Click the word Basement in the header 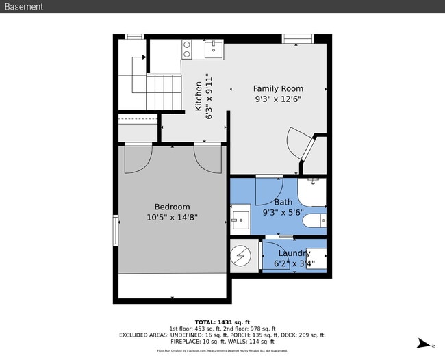click(x=24, y=7)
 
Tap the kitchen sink click(x=214, y=49)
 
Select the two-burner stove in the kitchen click(x=186, y=49)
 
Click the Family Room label click(x=278, y=88)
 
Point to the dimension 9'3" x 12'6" click(x=278, y=99)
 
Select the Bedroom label click(x=172, y=207)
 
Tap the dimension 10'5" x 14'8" click(x=172, y=218)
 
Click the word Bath click(x=283, y=202)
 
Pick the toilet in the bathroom click(x=314, y=221)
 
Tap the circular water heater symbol click(x=241, y=256)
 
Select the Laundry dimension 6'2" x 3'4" click(x=294, y=263)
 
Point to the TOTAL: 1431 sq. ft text click(x=222, y=322)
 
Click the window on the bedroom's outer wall click(x=116, y=230)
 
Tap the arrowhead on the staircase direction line click(x=144, y=58)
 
